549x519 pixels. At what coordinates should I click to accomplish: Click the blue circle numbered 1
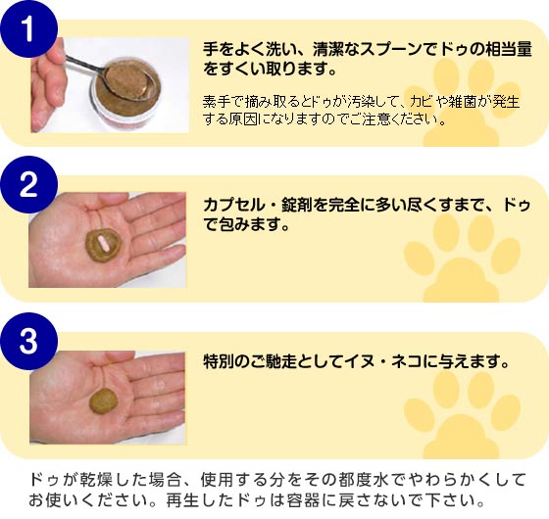[x=28, y=28]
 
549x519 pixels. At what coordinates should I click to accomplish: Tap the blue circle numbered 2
[x=28, y=185]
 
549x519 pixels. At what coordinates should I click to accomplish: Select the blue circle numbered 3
[x=28, y=341]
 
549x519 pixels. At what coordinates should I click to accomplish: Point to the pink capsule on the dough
[x=103, y=243]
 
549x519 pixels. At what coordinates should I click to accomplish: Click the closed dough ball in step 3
[x=103, y=401]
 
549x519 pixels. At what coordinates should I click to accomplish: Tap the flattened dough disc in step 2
[x=104, y=245]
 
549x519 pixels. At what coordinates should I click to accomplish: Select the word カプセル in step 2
[x=234, y=205]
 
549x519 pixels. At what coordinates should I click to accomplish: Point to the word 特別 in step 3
[x=219, y=361]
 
